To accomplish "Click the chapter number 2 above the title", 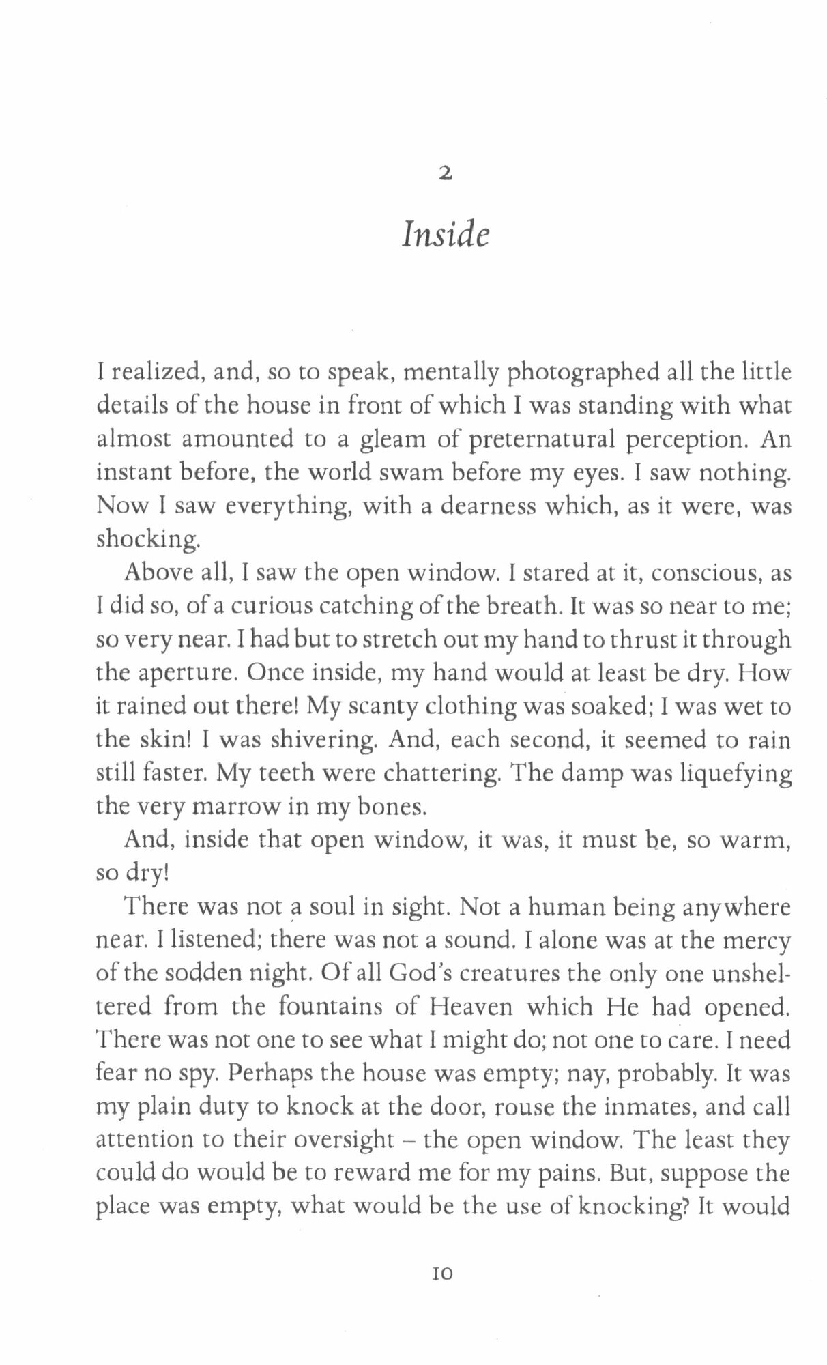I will [445, 175].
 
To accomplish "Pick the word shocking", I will [148, 540].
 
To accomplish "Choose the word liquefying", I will [729, 774].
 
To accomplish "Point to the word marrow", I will [232, 807].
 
